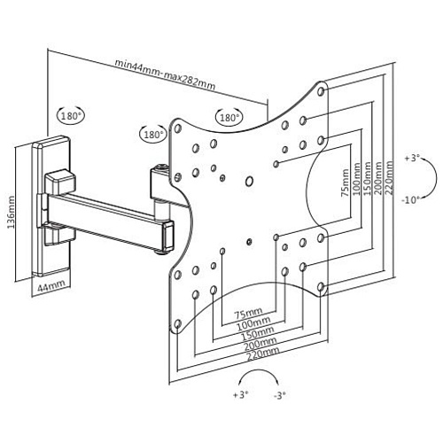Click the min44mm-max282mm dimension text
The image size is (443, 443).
pos(165,74)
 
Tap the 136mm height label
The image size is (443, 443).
pos(11,212)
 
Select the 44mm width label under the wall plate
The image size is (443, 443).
pos(51,285)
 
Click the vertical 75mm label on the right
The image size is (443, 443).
pos(346,183)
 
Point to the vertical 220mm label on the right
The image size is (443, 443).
pos(389,178)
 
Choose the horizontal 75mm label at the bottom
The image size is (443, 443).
pos(248,313)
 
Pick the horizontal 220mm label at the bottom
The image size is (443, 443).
pos(263,354)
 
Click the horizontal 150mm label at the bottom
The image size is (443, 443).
pos(258,333)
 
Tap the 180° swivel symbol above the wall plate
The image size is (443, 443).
pos(71,116)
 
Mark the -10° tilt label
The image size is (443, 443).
pos(411,200)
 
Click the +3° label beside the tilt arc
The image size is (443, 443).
pos(413,158)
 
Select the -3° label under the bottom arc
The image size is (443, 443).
pos(279,395)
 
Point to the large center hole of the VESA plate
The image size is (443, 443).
pos(250,181)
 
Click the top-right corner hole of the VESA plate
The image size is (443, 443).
pos(322,91)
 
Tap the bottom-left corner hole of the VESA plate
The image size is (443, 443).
pos(177,324)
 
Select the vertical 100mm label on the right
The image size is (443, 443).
pos(356,179)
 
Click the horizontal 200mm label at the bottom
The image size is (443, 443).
pos(260,343)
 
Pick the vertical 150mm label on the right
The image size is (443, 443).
pos(368,178)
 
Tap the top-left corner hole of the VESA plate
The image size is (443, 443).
pos(177,128)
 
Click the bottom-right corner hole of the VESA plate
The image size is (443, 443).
pos(322,287)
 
